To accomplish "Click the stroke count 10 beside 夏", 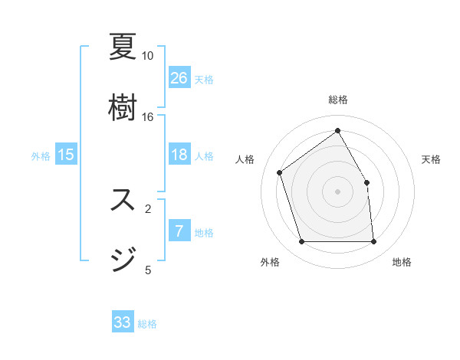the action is pyautogui.click(x=148, y=56).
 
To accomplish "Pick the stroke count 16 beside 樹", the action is pyautogui.click(x=148, y=116).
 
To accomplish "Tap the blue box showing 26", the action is pyautogui.click(x=179, y=78).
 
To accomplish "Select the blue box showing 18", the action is pyautogui.click(x=179, y=155).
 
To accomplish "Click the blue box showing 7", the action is pyautogui.click(x=179, y=231).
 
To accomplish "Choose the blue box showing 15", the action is pyautogui.click(x=66, y=155).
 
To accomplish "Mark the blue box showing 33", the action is pyautogui.click(x=123, y=322).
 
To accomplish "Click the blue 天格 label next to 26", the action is pyautogui.click(x=204, y=80).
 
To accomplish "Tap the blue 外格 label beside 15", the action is pyautogui.click(x=41, y=156).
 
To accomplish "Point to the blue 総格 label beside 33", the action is pyautogui.click(x=147, y=324).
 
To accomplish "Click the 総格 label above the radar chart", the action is pyautogui.click(x=337, y=100).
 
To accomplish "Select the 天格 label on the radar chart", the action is pyautogui.click(x=432, y=159).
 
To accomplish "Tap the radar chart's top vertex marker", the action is pyautogui.click(x=337, y=130).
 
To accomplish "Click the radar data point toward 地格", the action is pyautogui.click(x=373, y=242).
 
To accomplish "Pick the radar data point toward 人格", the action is pyautogui.click(x=280, y=172).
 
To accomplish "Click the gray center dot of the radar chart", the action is pyautogui.click(x=337, y=191).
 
